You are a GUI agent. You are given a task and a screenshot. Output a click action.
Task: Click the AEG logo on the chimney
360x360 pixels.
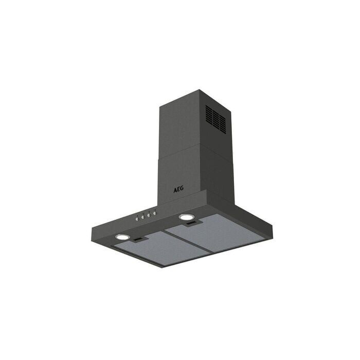[x=178, y=189]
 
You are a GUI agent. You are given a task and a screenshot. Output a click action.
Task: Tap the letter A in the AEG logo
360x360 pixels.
[x=175, y=190]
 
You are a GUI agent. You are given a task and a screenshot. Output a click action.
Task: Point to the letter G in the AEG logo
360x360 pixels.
[x=182, y=189]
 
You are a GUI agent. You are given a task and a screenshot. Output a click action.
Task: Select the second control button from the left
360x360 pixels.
[x=142, y=217]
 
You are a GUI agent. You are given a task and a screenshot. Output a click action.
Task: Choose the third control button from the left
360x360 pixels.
[x=149, y=215]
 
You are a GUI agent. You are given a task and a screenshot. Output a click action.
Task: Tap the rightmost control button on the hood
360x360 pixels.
[x=154, y=213]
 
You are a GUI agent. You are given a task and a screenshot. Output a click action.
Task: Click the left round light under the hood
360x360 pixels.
[x=122, y=237]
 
